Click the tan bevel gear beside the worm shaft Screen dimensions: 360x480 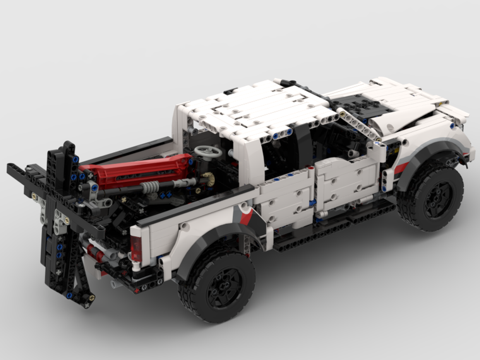coord(208,179)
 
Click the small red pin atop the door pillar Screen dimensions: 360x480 coord(311,168)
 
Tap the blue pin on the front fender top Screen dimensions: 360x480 coord(452,126)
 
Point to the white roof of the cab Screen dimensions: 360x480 coord(254,108)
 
